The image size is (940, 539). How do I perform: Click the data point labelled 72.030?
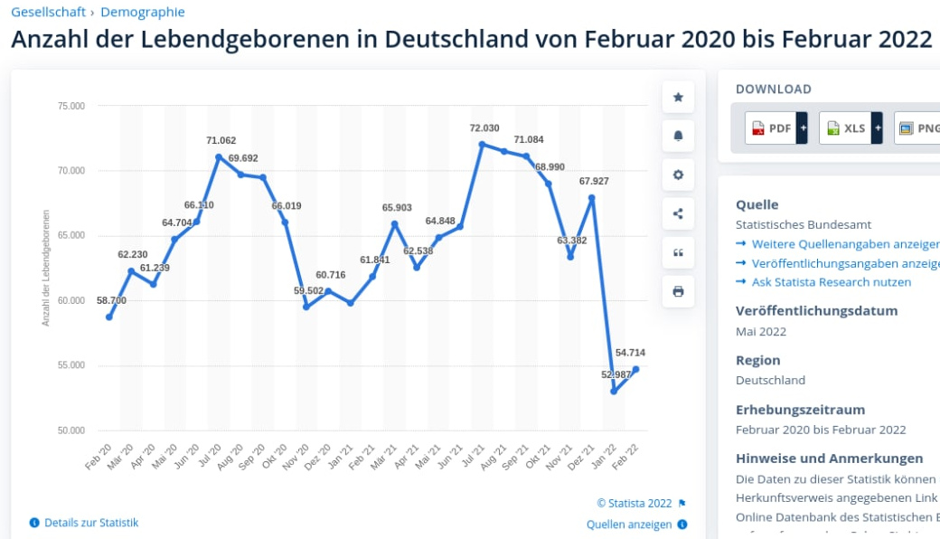pos(483,144)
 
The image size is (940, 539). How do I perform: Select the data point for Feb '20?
pos(109,317)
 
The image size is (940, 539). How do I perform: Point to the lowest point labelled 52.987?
pos(614,392)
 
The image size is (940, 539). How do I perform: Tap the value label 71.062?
pos(221,140)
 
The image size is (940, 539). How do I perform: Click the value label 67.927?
pos(594,181)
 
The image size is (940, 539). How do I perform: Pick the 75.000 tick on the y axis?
pos(70,106)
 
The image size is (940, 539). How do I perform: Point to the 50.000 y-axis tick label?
pos(70,430)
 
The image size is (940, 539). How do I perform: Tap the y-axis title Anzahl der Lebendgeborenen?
pos(45,268)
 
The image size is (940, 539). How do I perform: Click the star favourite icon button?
pos(678,98)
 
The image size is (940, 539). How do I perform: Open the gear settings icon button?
pos(678,175)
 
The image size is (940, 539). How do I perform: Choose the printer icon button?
pos(678,292)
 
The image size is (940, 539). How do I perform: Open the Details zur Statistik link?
pos(90,523)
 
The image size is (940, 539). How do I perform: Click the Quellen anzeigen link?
pos(629,525)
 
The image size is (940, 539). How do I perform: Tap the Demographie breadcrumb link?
pos(143,12)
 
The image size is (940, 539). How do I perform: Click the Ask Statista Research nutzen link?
pos(831,282)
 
